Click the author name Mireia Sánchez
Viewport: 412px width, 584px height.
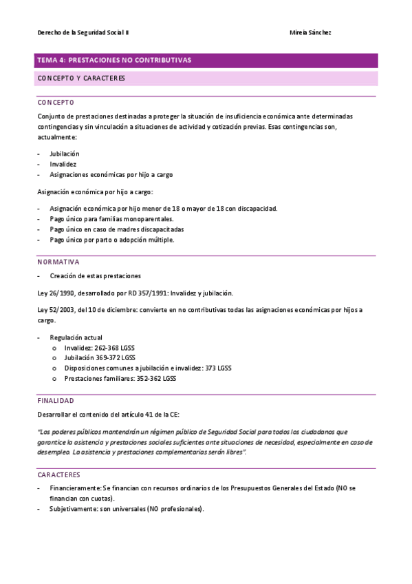[x=311, y=32]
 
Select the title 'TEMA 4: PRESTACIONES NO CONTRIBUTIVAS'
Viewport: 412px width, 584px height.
[x=114, y=61]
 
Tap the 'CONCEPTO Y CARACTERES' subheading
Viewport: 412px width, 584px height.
[x=81, y=79]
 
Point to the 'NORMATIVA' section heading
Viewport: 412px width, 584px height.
[x=58, y=262]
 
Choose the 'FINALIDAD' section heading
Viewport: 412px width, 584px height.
[x=56, y=400]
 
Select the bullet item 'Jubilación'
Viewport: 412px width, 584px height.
[x=65, y=154]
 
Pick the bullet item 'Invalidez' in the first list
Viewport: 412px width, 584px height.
[x=63, y=164]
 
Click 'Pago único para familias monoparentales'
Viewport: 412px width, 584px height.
[x=111, y=219]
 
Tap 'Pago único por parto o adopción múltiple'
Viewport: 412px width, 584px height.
[x=112, y=240]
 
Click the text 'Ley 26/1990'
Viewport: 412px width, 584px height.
[x=55, y=293]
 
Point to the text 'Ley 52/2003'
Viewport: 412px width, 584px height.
[x=55, y=310]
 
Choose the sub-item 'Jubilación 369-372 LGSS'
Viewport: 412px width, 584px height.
[x=100, y=358]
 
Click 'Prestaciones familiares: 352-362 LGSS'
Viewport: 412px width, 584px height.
[x=120, y=378]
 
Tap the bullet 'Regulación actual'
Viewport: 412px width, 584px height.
[x=76, y=337]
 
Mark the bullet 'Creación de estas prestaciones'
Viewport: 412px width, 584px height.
[x=95, y=275]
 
